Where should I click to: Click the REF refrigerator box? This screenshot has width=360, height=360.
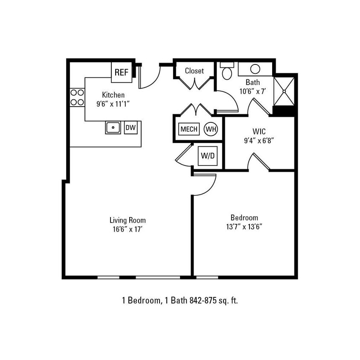121,73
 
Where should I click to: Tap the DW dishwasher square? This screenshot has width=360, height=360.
131,128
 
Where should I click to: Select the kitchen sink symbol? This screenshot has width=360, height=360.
113,128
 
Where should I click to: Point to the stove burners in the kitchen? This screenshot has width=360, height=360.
77,97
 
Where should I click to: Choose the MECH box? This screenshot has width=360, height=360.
189,129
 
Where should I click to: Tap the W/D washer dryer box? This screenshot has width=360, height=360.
208,156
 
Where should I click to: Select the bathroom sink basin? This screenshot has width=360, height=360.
255,69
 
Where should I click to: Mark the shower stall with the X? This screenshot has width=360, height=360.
284,90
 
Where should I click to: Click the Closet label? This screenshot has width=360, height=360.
194,71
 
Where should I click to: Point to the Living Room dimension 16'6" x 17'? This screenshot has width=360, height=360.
128,229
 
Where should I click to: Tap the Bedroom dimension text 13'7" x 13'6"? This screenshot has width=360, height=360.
244,226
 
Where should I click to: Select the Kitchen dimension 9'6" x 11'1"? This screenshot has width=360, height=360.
113,103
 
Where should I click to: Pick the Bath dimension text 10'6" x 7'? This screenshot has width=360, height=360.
253,91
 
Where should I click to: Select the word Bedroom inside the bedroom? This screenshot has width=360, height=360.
244,218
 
